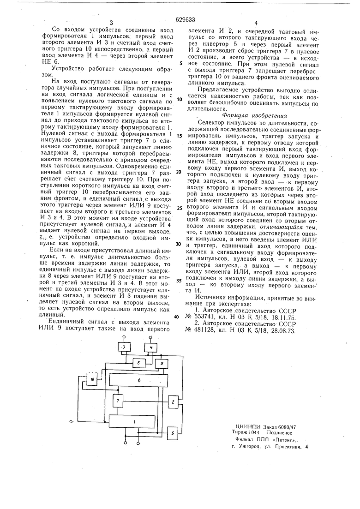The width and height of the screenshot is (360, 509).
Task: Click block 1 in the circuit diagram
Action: point(134,422)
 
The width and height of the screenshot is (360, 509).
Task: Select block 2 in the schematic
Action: point(173,402)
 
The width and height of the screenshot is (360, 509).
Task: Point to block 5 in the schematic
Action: point(173,433)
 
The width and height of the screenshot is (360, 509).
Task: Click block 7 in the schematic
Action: point(119,401)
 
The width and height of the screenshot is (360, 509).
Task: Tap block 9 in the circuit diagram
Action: point(160,364)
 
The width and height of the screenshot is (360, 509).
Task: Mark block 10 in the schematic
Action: point(93,379)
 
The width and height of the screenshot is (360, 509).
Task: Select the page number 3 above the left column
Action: point(111,23)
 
